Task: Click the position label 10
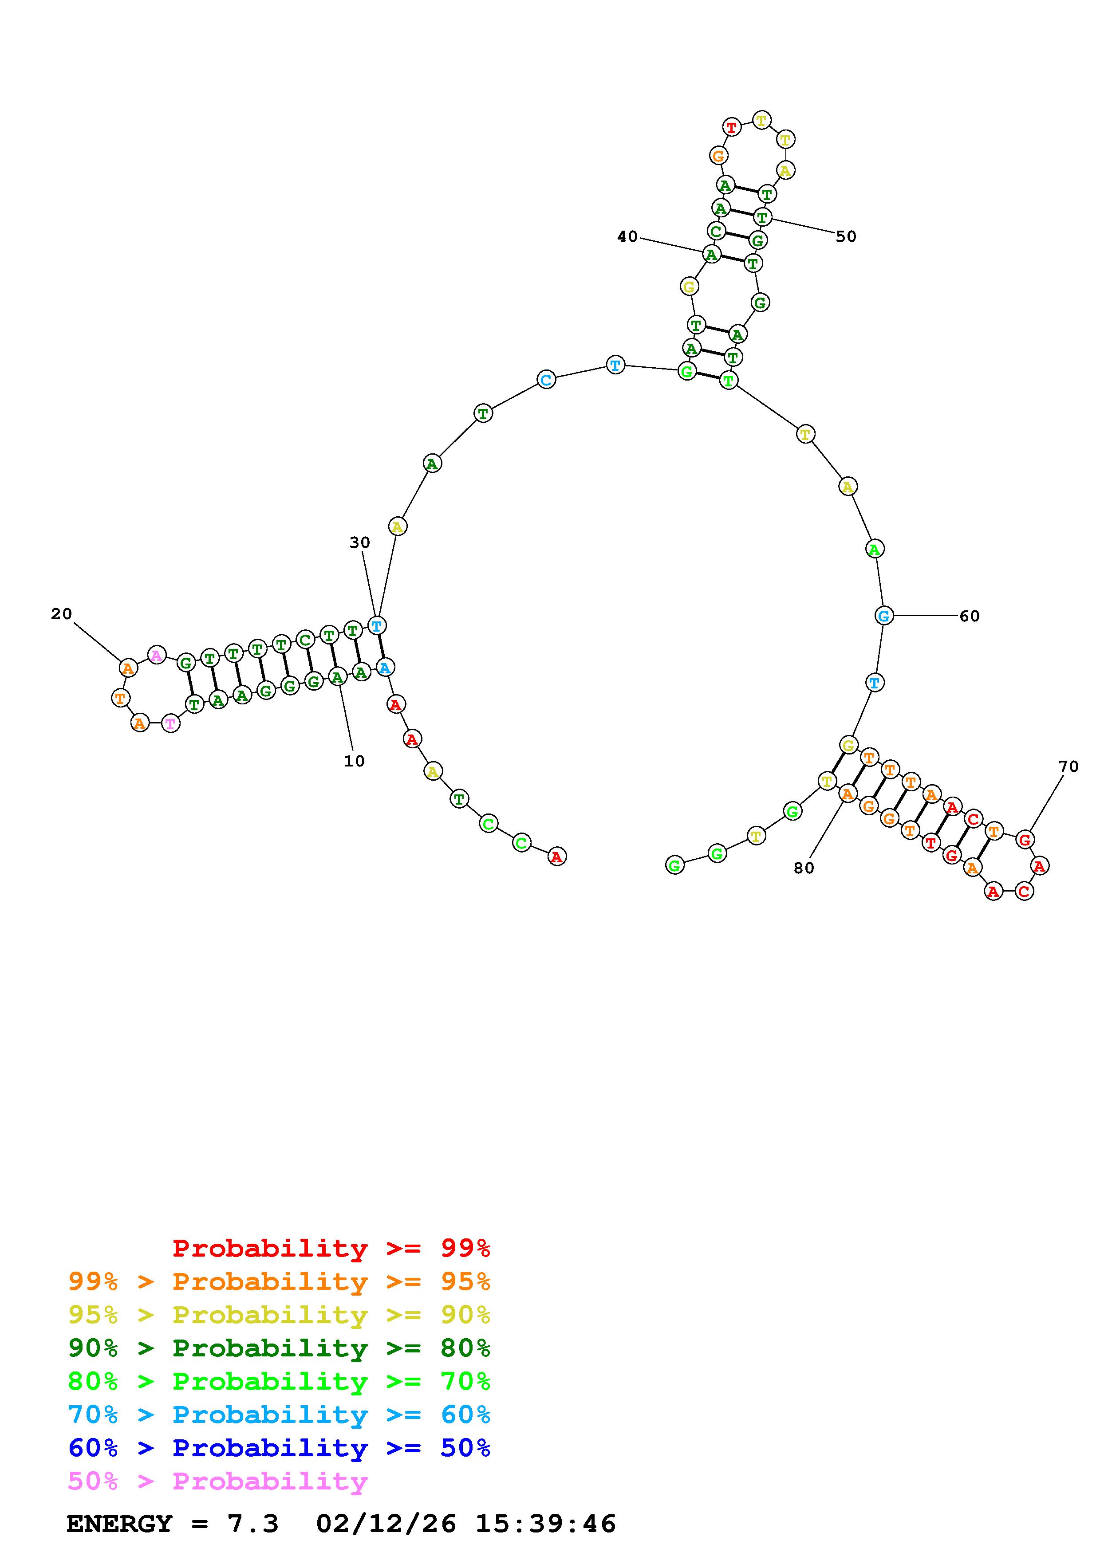coord(354,761)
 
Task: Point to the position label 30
coord(360,542)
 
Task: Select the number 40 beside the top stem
coord(627,236)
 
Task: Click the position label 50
coord(846,236)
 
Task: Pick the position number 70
coord(1068,766)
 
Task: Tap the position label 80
coord(804,868)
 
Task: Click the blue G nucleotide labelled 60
coord(883,615)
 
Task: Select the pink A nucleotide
coord(157,655)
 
